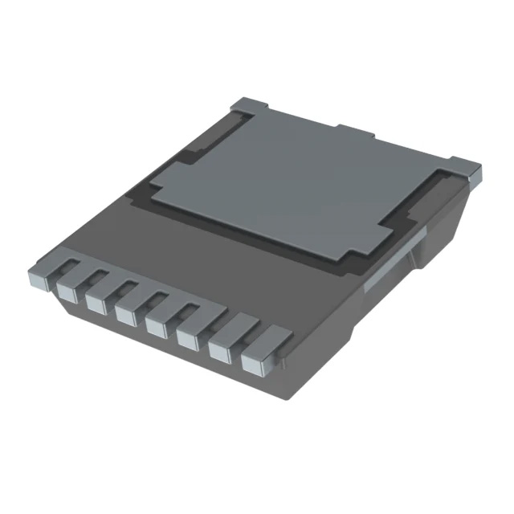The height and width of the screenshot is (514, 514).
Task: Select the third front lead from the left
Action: pyautogui.click(x=95, y=300)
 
